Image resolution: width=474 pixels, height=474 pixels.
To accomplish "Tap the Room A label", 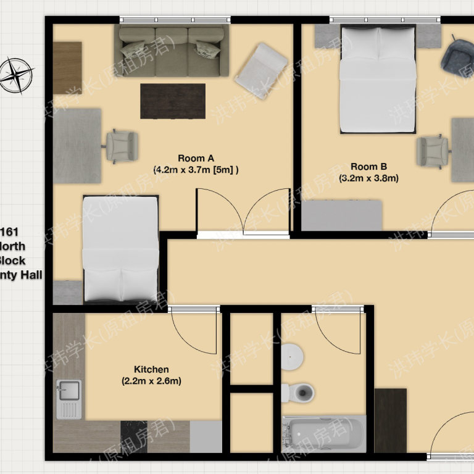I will tap(196, 157).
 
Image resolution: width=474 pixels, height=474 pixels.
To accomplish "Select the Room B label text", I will tap(368, 166).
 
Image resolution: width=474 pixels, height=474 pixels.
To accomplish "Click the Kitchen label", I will tap(151, 370).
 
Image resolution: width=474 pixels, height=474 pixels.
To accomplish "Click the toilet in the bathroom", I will tap(299, 391).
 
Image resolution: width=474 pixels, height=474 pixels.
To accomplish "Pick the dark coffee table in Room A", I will tap(173, 101).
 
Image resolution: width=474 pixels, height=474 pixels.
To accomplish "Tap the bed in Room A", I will tap(121, 247).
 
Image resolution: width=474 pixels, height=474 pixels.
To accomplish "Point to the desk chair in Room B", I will tap(433, 151).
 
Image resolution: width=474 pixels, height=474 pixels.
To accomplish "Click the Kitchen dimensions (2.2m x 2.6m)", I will tap(151, 381).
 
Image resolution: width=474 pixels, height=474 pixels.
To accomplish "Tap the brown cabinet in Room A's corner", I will tap(67, 67).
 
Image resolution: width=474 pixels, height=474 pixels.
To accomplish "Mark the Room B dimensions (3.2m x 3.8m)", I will tap(368, 178).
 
